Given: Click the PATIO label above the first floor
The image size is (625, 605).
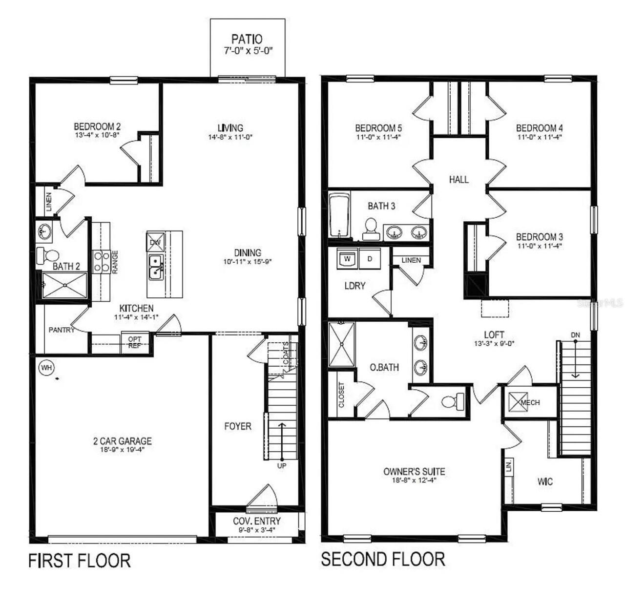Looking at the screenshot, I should click(247, 39).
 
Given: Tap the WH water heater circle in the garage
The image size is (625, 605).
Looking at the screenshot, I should click(46, 367).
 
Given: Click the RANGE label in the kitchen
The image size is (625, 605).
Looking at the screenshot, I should click(115, 262).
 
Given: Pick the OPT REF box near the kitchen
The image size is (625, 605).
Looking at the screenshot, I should click(135, 342).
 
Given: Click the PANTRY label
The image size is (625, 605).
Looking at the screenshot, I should click(62, 330).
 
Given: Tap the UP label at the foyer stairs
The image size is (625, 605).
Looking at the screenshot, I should click(282, 466).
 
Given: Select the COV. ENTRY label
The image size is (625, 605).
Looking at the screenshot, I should click(256, 521).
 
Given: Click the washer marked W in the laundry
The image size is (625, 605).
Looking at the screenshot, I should click(347, 259).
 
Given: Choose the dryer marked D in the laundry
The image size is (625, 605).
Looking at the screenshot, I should click(370, 259).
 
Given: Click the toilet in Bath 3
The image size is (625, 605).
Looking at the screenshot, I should click(371, 228).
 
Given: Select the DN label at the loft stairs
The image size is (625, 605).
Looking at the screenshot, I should click(575, 335).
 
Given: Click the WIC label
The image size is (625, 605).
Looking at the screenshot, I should click(545, 481).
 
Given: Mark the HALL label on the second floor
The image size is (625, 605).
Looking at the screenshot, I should click(458, 180).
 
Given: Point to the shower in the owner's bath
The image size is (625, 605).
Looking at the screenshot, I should click(342, 344).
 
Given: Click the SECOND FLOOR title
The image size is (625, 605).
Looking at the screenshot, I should click(383, 559).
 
